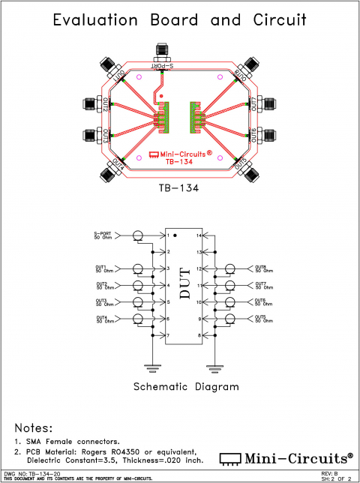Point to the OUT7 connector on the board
(x=266, y=103)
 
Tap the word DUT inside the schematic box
(x=184, y=286)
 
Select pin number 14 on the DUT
(x=198, y=235)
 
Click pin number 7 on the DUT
(x=169, y=335)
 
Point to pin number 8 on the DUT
(x=199, y=335)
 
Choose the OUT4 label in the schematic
(x=101, y=318)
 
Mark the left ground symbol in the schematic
(x=153, y=367)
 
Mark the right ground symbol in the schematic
(x=215, y=367)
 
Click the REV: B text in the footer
(x=328, y=473)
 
